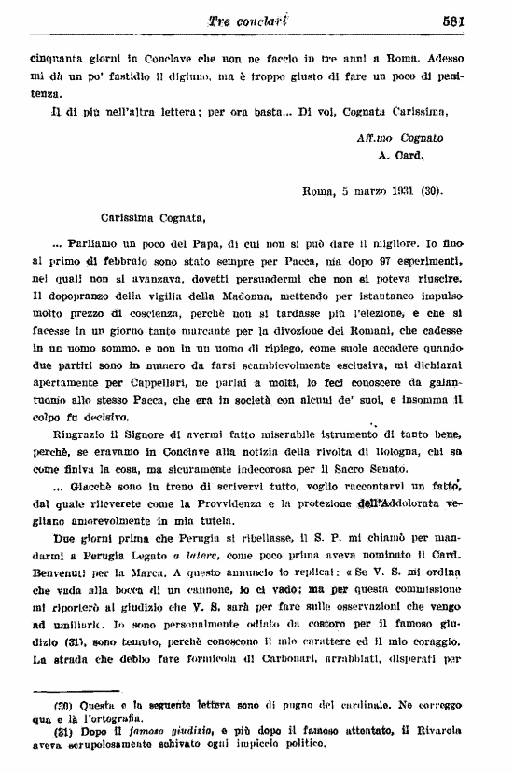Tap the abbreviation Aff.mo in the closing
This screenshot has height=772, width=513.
(x=363, y=136)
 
